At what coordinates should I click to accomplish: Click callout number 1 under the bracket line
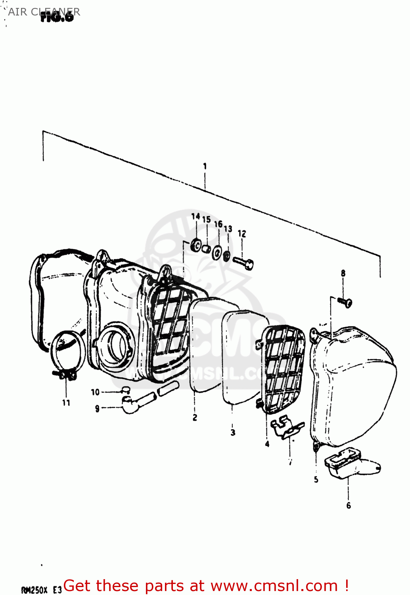point(205,166)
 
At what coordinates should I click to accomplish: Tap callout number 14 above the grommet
point(195,217)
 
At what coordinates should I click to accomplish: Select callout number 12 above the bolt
point(242,234)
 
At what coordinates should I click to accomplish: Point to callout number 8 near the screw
point(343,273)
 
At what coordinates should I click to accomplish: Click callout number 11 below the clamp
point(66,403)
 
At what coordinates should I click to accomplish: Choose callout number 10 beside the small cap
point(95,392)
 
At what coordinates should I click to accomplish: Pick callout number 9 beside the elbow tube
point(97,408)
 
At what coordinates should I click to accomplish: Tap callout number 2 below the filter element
point(195,418)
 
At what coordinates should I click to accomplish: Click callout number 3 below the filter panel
point(233,433)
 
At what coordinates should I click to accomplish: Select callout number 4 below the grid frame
point(267,444)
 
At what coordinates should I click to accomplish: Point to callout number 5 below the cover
point(316,480)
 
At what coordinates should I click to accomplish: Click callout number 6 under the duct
point(349,505)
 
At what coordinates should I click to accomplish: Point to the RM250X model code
point(34,590)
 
